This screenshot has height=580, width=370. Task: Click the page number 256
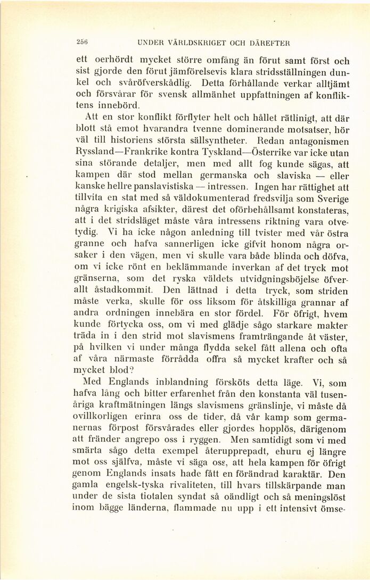82,43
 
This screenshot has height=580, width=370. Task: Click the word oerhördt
106,61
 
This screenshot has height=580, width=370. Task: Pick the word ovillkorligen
110,417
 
